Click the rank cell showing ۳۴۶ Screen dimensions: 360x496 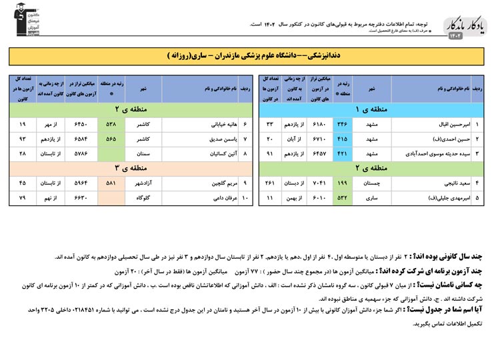click(x=341, y=124)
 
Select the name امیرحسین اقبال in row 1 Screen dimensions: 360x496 click(x=435, y=124)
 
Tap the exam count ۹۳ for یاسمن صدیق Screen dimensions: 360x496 click(x=23, y=139)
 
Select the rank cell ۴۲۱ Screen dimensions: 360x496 click(x=341, y=153)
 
